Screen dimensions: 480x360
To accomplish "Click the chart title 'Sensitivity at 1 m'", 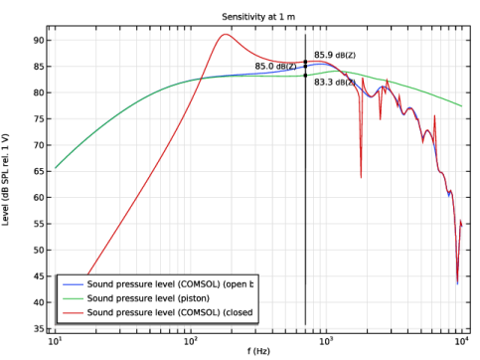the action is point(258,17).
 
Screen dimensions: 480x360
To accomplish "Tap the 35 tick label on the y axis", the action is point(38,329).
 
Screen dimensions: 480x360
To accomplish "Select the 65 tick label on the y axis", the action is point(38,171).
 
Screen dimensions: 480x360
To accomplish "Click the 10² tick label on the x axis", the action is point(190,341).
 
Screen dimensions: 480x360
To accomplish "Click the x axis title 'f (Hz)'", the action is point(258,351).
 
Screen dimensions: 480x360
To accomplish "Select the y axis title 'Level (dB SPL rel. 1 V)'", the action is point(6,179).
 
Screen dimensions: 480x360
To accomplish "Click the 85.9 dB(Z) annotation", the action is point(335,55).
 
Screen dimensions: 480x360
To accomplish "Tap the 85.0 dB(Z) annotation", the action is point(275,67).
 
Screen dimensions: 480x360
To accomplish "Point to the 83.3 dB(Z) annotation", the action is point(335,82).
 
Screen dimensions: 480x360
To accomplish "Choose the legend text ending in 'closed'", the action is point(170,312).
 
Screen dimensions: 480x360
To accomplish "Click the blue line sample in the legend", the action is point(73,284).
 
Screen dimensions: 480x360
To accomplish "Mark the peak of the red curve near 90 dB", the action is point(226,34).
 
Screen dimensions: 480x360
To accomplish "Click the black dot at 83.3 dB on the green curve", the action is point(305,76).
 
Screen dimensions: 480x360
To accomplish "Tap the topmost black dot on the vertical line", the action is point(305,62).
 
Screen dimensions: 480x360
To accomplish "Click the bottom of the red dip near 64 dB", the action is point(361,178).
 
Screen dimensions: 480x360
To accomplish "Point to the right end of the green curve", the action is point(462,106).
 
